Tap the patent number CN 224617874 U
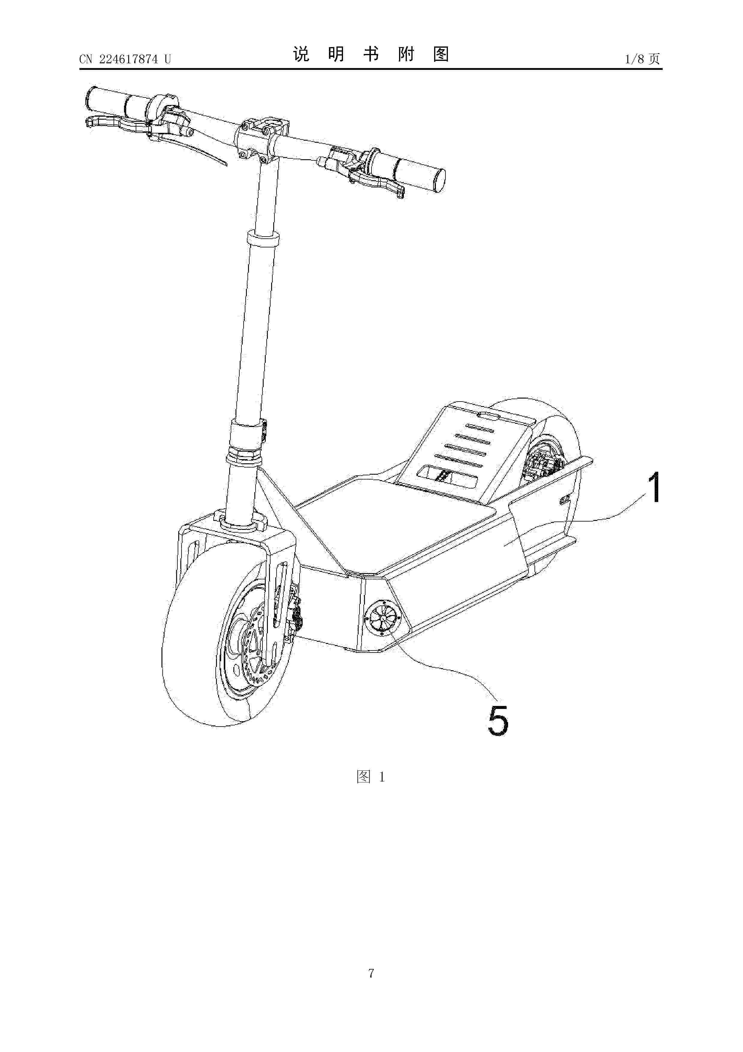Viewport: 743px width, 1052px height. point(125,59)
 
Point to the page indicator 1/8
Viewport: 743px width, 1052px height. point(634,59)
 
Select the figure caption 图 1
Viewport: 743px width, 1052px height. point(371,777)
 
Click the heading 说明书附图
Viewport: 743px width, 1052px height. point(371,55)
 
